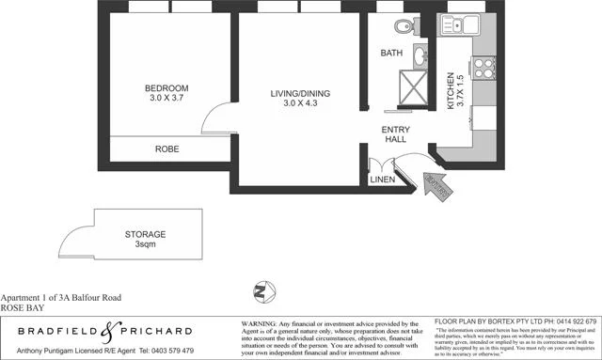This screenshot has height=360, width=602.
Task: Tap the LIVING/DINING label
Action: click(296, 92)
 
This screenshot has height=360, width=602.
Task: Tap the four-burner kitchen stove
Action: click(486, 69)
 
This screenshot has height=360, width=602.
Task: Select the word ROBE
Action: click(168, 149)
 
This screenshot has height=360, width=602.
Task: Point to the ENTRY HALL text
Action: click(395, 134)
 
